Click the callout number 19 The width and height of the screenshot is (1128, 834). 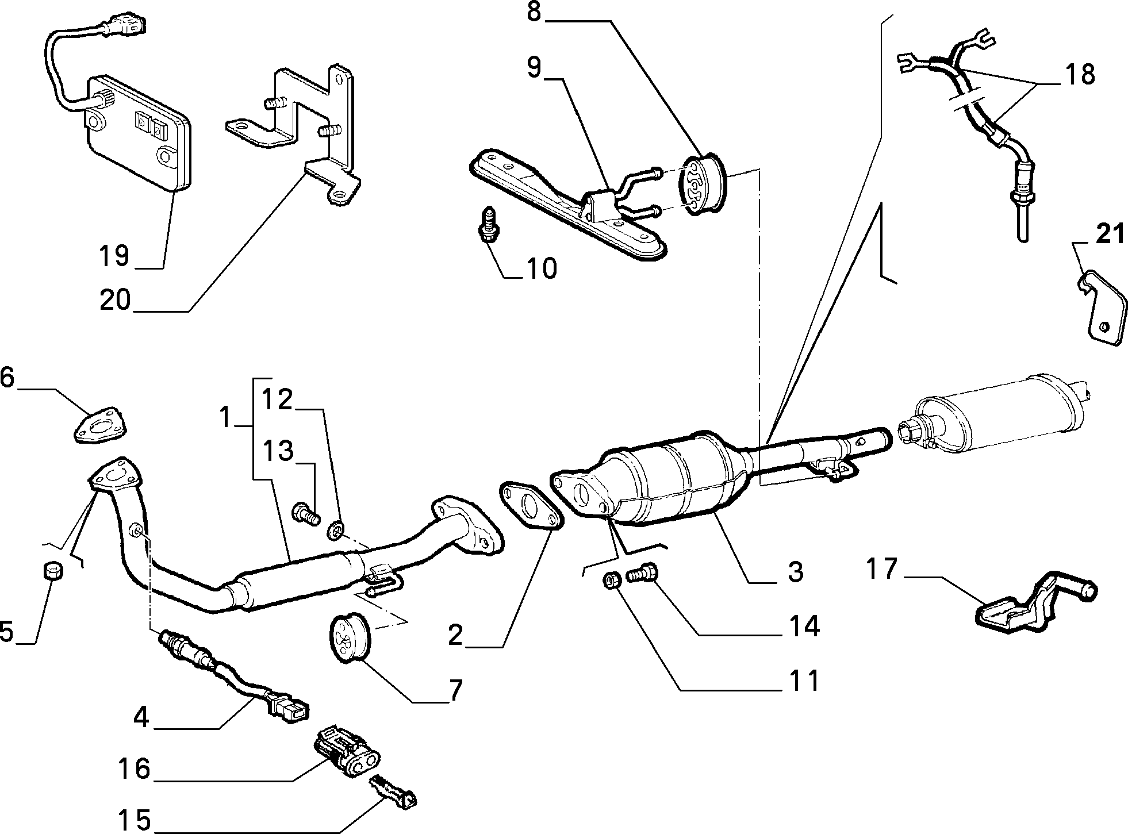(x=114, y=255)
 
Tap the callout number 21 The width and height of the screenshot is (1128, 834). (x=1108, y=235)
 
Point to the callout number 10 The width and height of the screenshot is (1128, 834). (x=541, y=268)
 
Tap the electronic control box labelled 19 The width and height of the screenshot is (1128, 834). (x=138, y=132)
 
